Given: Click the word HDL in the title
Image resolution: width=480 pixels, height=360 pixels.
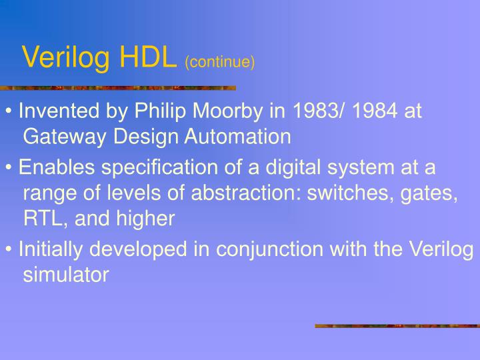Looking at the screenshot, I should coord(148,58).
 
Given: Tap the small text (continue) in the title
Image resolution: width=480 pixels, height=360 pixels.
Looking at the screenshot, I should coord(220,62).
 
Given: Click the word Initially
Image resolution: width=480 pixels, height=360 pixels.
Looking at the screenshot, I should coord(52,249).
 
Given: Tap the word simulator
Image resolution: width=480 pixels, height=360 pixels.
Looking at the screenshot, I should coord(66,275).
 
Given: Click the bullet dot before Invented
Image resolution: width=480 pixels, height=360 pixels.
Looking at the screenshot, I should coord(9,111).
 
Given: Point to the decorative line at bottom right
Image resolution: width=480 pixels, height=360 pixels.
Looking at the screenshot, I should coord(397,326).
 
